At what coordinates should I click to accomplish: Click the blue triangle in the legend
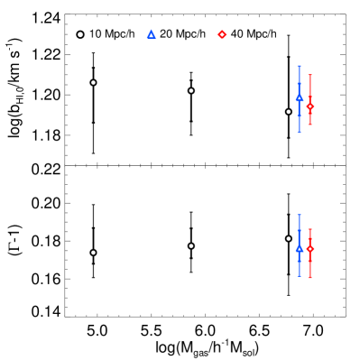pos(152,34)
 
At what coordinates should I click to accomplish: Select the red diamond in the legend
pos(222,34)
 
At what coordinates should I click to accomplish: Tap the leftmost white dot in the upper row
pos(93,82)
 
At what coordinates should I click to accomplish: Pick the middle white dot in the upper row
pos(190,90)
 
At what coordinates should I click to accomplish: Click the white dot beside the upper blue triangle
pos(289,112)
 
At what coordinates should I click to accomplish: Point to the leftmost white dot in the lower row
pos(93,253)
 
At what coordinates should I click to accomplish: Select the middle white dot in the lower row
pos(190,245)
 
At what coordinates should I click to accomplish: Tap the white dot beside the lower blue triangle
pos(289,238)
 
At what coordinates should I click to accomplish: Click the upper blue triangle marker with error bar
pos(300,97)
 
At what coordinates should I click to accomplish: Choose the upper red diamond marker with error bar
pos(309,106)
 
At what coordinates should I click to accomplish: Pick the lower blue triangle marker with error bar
pos(300,248)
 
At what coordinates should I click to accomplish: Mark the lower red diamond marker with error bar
pos(309,249)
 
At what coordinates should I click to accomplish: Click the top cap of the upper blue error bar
pos(300,66)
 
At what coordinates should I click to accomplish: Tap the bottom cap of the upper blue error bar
pos(300,132)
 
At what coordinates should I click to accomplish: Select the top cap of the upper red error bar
pos(309,75)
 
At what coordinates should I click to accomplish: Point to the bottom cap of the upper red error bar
pos(309,125)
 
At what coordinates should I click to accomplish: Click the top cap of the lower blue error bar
pos(300,215)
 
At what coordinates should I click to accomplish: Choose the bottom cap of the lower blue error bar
pos(300,275)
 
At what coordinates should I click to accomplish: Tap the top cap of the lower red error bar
pos(309,229)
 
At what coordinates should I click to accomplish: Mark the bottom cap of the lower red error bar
pos(309,277)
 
